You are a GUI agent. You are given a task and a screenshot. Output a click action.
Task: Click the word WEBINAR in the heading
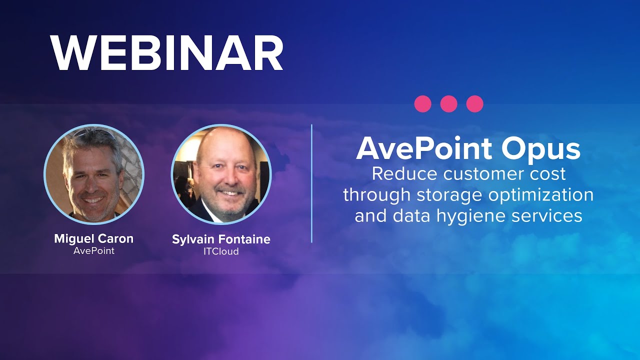pos(167,54)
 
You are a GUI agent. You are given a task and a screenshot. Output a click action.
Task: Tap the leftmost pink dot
pos(423,104)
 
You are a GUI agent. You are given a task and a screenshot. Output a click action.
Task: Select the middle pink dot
pos(449,104)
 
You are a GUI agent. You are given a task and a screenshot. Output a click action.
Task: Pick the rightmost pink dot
pos(474,104)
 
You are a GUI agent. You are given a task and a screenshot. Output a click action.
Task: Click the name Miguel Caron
pos(94,238)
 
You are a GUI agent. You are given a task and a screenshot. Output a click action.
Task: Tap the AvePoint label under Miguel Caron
pos(94,251)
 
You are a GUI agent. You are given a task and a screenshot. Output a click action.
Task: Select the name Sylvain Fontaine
pos(221,239)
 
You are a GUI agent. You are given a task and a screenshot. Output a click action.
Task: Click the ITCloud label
pos(221,251)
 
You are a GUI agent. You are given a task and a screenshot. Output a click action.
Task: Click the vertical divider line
pos(311,183)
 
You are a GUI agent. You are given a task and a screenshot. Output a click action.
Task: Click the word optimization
pos(541,195)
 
